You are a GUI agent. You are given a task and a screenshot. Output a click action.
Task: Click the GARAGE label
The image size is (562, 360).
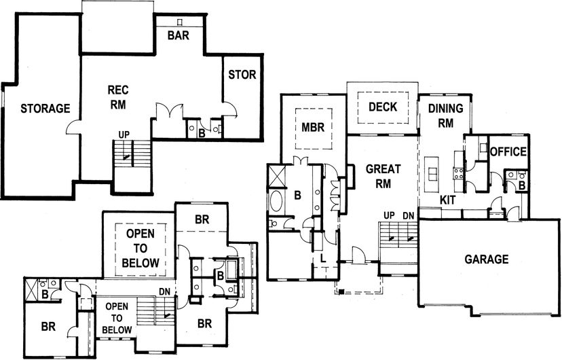click(487, 259)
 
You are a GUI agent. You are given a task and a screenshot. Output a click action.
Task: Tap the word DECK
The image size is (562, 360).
click(383, 107)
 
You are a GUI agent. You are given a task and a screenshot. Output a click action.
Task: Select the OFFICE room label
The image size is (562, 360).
click(508, 151)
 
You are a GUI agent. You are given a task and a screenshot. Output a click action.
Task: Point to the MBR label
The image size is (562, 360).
click(313, 127)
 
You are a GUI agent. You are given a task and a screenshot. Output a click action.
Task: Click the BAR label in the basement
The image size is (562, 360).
click(178, 35)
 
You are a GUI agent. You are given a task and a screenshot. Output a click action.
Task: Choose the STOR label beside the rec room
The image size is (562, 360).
click(242, 75)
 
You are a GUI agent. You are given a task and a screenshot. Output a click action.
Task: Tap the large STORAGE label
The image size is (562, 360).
click(45, 108)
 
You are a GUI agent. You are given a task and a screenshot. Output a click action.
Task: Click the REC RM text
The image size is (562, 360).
click(118, 97)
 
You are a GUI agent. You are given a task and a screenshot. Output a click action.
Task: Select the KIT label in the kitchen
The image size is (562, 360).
click(447, 200)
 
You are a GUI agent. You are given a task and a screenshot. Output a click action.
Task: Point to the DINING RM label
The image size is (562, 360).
click(445, 115)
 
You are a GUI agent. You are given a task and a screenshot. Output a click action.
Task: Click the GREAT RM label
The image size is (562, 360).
click(383, 176)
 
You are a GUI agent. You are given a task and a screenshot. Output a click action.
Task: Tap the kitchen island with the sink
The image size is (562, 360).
click(432, 175)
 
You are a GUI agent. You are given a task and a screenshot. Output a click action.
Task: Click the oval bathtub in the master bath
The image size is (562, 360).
click(276, 202)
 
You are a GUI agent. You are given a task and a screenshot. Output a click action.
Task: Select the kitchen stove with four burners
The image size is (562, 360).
click(458, 173)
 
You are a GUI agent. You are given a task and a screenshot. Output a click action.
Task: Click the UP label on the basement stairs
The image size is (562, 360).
click(124, 134)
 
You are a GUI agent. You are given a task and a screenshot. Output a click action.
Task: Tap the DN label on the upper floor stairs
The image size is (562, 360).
click(164, 292)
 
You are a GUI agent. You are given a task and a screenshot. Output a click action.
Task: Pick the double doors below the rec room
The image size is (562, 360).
click(170, 110)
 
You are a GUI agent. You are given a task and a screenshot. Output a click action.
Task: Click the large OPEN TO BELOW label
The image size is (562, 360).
click(140, 248)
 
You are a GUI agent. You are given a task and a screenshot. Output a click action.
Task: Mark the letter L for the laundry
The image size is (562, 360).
click(323, 258)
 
